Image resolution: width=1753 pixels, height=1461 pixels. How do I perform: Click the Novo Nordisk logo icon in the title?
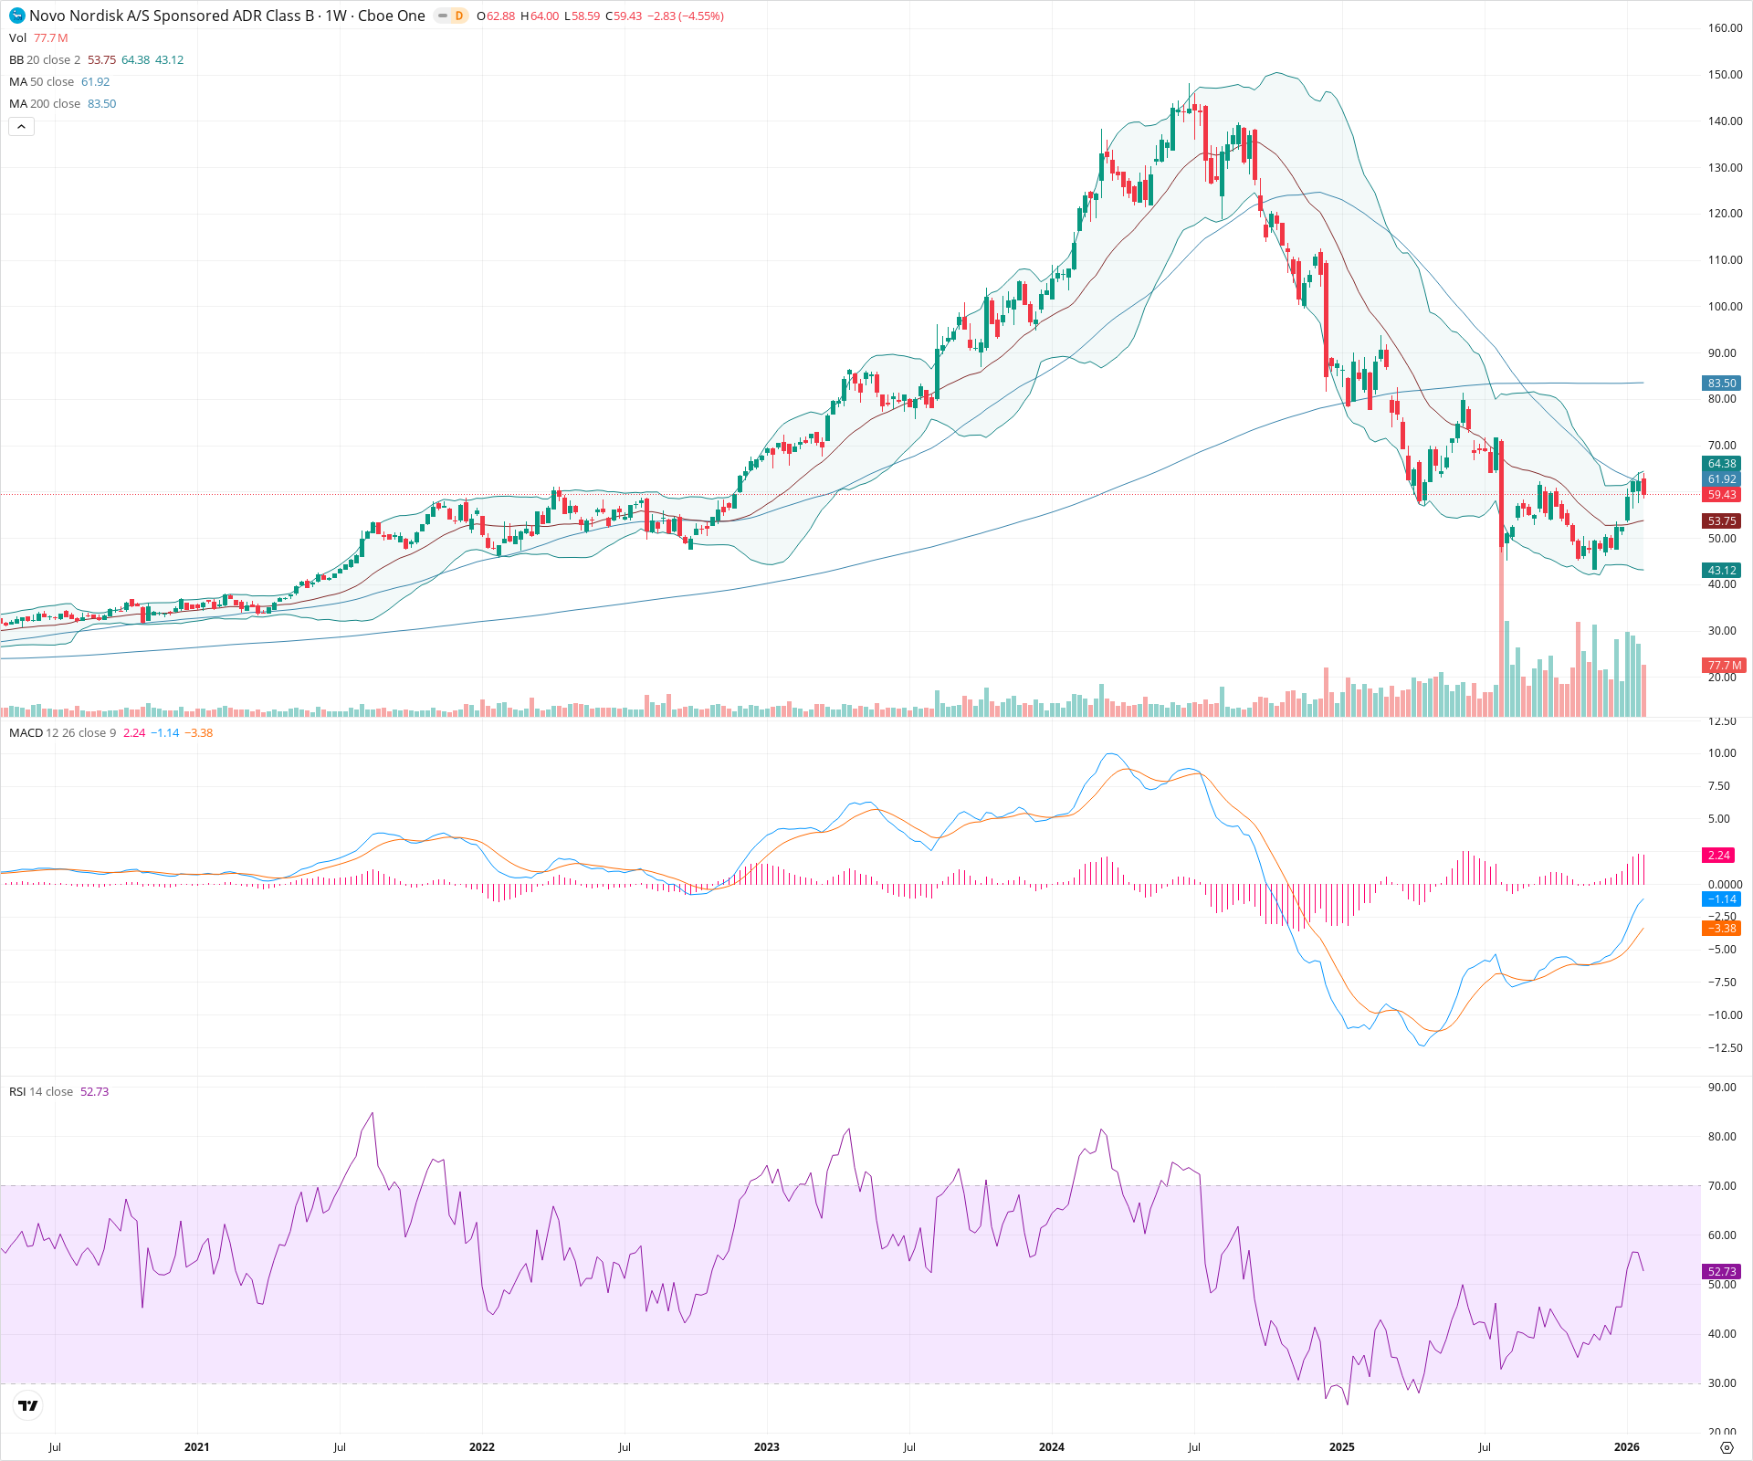pos(17,16)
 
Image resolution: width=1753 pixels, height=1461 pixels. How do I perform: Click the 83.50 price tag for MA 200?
pos(1721,384)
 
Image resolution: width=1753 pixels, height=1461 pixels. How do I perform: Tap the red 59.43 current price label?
pos(1721,495)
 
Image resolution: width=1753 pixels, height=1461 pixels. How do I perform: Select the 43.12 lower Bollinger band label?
pos(1721,571)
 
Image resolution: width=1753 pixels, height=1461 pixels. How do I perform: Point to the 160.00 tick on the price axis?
pos(1725,28)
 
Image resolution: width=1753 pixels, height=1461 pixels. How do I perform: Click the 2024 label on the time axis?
pos(1051,1446)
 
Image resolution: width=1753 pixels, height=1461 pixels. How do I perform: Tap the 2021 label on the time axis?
pos(196,1446)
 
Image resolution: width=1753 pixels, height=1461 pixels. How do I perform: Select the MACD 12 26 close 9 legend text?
pos(62,733)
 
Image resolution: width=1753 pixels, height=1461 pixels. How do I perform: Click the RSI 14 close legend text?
pos(41,1092)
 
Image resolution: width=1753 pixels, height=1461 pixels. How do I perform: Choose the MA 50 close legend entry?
pos(42,82)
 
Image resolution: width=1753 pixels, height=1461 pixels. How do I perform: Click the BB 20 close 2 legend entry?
pos(45,60)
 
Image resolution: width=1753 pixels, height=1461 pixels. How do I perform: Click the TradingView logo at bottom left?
pos(28,1405)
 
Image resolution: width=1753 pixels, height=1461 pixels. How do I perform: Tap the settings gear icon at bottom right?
pos(1726,1447)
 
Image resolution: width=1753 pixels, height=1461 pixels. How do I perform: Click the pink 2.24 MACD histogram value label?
pos(1718,856)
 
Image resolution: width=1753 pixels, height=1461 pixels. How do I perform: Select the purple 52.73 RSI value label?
pos(1721,1272)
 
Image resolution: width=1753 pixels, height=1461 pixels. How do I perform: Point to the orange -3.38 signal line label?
pos(1721,929)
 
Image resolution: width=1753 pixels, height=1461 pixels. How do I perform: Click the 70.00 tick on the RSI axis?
pos(1721,1186)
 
